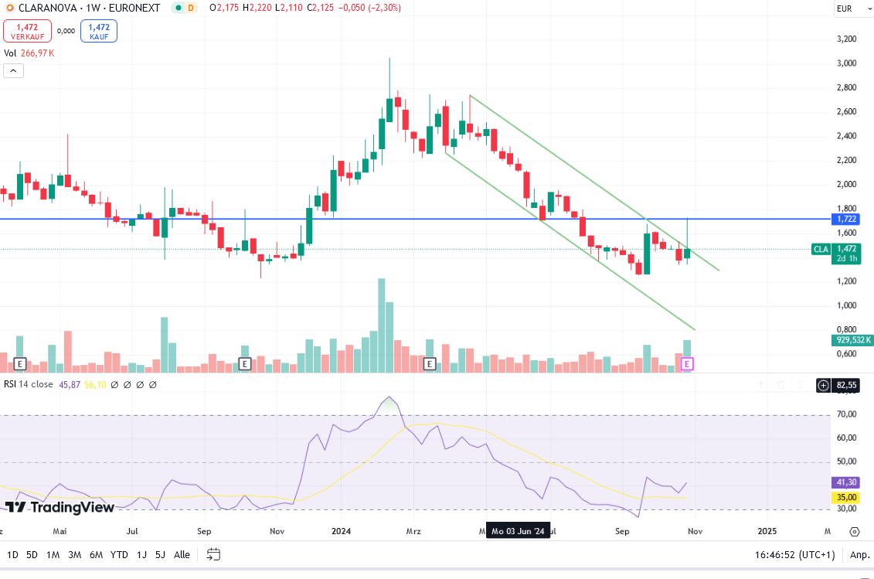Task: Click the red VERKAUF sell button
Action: tap(27, 31)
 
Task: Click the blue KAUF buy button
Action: tap(98, 31)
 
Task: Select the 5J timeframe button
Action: tap(160, 554)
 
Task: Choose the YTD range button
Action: tap(119, 554)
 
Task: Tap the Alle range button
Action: tap(182, 554)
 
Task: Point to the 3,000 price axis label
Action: tap(847, 63)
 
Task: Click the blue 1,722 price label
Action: tap(848, 220)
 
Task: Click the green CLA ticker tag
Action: tap(821, 249)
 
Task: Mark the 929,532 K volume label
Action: tap(854, 340)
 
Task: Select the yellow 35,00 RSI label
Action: tap(848, 498)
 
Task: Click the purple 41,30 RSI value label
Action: tap(848, 482)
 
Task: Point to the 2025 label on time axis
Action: tap(767, 531)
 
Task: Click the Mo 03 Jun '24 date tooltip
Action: tap(518, 532)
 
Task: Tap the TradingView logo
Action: tap(60, 507)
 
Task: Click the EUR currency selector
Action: tap(844, 9)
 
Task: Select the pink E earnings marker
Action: tap(688, 363)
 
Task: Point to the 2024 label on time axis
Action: tap(341, 531)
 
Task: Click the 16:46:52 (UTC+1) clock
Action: tap(794, 554)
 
